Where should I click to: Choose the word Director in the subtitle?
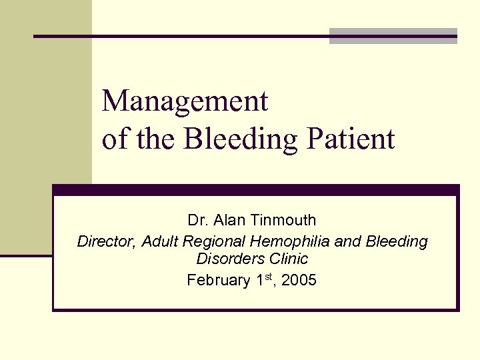click(107, 241)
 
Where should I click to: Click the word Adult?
click(160, 241)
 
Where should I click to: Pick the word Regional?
click(211, 241)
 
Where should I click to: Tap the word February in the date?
click(217, 280)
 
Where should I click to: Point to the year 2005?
click(300, 280)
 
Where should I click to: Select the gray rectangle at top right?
click(393, 36)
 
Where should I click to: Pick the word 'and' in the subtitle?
click(345, 241)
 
